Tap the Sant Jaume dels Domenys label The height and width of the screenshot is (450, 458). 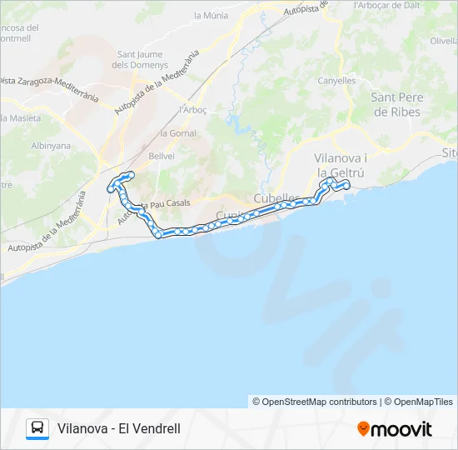pos(139,60)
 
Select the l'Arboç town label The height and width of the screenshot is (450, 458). pos(192,109)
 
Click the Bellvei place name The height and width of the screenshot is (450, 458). pos(161,156)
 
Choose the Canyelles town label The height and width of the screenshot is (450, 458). pos(336,81)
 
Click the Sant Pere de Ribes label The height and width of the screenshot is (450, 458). pos(397,104)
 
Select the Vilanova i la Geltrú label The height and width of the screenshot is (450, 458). pos(341,165)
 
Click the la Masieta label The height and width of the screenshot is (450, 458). pos(21,118)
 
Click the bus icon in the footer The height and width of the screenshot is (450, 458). pos(37,428)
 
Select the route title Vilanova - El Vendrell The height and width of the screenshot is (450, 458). pos(119,429)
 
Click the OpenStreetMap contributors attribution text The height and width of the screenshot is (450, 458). pos(315,402)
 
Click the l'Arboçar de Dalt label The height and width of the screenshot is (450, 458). pos(385,5)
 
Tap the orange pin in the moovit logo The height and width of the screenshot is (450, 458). pos(363,429)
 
